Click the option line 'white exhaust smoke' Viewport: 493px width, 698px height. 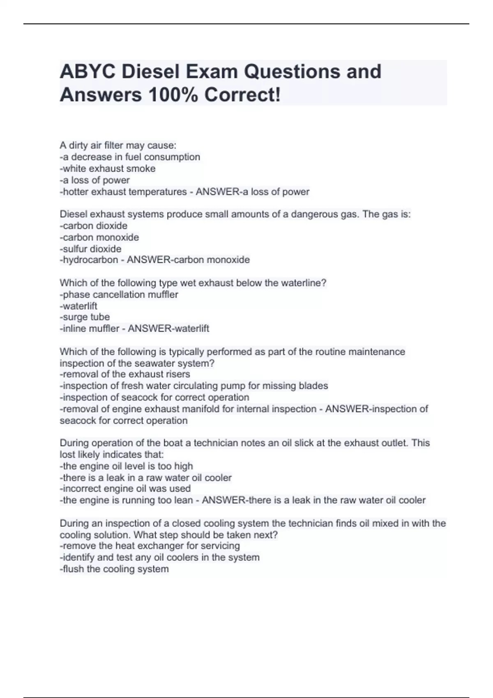[x=108, y=169]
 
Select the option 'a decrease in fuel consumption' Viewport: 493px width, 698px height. [x=130, y=157]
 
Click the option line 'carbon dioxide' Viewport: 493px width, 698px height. [x=94, y=226]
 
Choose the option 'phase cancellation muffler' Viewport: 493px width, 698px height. [x=119, y=295]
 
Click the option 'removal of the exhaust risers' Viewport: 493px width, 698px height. [x=125, y=374]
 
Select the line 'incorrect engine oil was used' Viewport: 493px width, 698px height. [x=125, y=489]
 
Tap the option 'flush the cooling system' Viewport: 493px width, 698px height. [x=114, y=569]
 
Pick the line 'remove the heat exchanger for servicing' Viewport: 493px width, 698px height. [x=150, y=546]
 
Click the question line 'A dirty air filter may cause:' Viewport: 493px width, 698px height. [x=118, y=145]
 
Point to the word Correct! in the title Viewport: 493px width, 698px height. [x=243, y=95]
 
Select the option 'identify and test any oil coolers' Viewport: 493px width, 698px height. [x=160, y=558]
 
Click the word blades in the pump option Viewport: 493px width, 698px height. [x=313, y=386]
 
